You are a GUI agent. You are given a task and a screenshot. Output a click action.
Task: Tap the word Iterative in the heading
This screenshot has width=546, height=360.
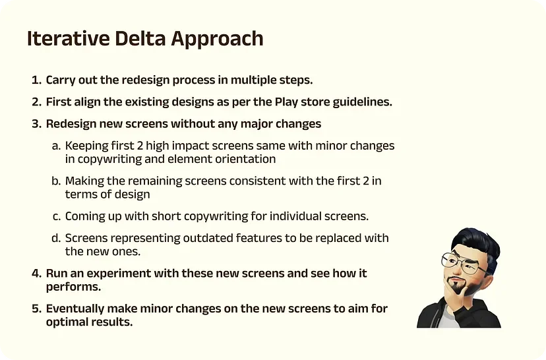69,38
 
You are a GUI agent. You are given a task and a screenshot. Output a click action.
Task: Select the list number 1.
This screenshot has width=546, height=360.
36,80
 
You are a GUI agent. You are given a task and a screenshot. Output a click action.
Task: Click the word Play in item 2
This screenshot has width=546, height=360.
286,102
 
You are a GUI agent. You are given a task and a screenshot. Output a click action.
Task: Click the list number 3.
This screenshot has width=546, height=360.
37,124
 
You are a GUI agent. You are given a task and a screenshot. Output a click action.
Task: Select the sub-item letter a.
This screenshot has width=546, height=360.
57,146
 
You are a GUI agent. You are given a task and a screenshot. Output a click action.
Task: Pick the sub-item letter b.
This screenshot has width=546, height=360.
57,181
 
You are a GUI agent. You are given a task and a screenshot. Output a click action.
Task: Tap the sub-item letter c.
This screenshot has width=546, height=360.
57,216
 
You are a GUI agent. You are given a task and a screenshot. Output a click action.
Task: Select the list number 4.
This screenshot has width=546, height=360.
37,274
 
